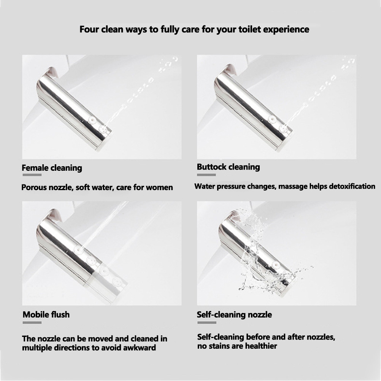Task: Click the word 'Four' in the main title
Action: coord(89,29)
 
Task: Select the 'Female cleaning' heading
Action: coord(52,168)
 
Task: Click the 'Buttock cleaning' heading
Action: coord(228,167)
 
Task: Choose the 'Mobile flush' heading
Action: coord(46,314)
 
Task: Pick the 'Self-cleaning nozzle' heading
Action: coord(234,314)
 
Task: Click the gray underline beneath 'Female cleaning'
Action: coord(32,175)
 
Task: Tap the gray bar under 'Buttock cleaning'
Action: coord(206,175)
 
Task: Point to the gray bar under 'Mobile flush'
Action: coord(32,323)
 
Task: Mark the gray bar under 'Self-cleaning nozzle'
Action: coord(207,323)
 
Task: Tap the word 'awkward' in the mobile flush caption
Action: coord(140,348)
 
